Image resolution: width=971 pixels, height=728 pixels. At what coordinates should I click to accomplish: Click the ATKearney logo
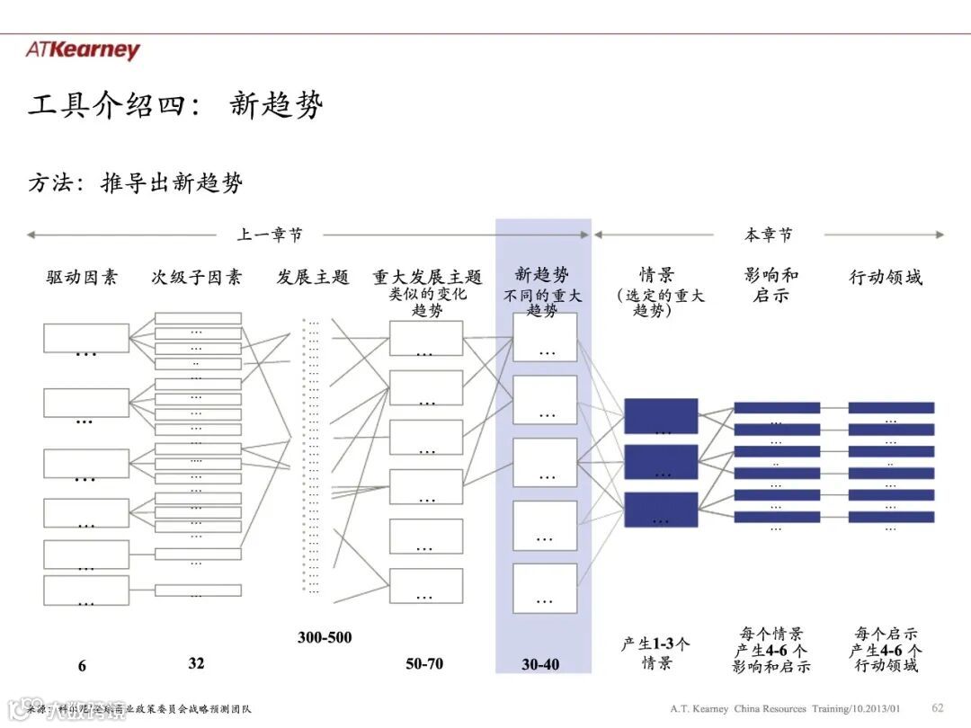click(x=83, y=49)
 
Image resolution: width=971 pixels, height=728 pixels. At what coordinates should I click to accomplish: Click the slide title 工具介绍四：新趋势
click(x=175, y=106)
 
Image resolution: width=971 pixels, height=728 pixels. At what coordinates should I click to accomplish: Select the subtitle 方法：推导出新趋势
click(x=135, y=183)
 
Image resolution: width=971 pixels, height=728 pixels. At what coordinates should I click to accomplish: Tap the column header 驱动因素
click(x=82, y=277)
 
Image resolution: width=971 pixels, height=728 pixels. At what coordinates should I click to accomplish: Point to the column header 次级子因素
click(x=196, y=277)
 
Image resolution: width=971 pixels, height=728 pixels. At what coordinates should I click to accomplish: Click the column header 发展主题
click(x=312, y=277)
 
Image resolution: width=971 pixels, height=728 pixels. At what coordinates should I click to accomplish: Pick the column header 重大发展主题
click(x=427, y=277)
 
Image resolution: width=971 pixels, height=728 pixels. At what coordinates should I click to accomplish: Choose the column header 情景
click(x=657, y=275)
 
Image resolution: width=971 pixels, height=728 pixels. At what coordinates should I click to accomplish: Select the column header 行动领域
click(x=886, y=277)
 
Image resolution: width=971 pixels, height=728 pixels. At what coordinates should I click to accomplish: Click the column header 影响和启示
click(x=771, y=284)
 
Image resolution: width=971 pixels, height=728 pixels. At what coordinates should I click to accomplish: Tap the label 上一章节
click(x=270, y=235)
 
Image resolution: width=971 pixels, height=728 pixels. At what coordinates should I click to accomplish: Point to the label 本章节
click(x=769, y=235)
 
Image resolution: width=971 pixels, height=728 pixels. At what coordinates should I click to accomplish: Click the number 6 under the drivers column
click(x=82, y=666)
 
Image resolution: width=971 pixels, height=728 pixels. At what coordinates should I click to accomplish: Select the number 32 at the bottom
click(x=196, y=663)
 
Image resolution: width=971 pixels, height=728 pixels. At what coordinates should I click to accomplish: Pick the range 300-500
click(x=325, y=638)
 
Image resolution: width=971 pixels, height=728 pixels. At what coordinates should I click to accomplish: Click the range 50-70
click(x=424, y=664)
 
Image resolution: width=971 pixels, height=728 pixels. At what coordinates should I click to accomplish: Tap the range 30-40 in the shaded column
click(x=540, y=665)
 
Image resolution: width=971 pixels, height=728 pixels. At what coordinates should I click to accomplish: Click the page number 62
click(x=938, y=707)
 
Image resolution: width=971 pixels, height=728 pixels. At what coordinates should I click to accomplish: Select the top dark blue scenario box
click(x=661, y=416)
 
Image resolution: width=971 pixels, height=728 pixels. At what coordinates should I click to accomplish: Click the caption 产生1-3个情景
click(x=657, y=653)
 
